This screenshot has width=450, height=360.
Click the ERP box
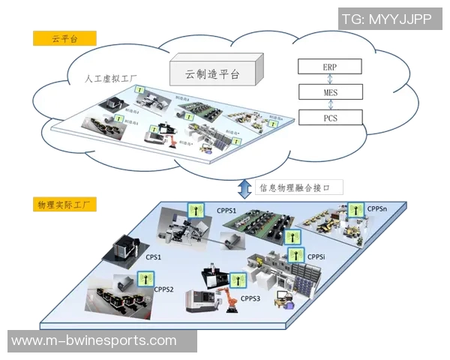point(329,67)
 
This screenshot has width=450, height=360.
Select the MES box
point(329,91)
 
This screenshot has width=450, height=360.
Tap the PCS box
point(329,117)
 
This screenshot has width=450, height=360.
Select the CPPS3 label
point(250,298)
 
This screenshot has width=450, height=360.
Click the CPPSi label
point(316,256)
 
